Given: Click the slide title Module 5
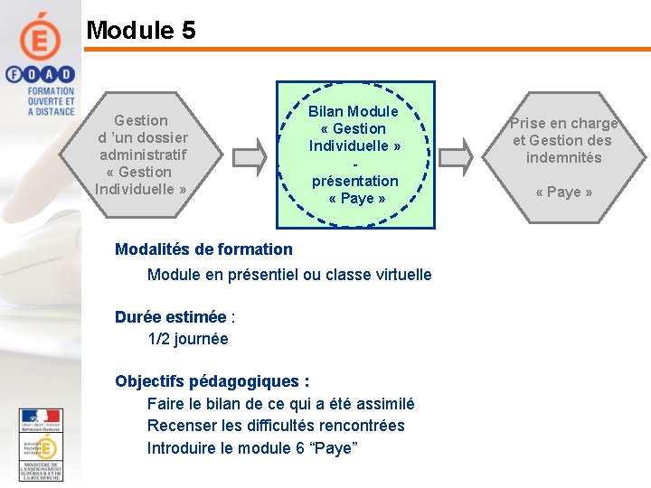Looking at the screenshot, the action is pyautogui.click(x=140, y=30).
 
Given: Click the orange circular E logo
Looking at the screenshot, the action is pyautogui.click(x=41, y=37).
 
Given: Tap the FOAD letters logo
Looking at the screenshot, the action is pyautogui.click(x=40, y=74).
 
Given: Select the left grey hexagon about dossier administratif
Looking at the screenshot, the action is pyautogui.click(x=140, y=155).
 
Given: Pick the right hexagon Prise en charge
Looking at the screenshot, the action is pyautogui.click(x=563, y=155).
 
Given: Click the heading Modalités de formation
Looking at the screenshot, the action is pyautogui.click(x=203, y=249).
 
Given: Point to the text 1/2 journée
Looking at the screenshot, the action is pyautogui.click(x=188, y=339).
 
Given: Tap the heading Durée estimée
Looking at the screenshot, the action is pyautogui.click(x=171, y=317).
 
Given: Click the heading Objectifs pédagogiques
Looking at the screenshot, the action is pyautogui.click(x=212, y=381).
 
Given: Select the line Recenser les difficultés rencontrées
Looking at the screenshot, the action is pyautogui.click(x=276, y=426).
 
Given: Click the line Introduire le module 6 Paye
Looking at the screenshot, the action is pyautogui.click(x=252, y=448).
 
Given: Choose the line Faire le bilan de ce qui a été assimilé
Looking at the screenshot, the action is pyautogui.click(x=280, y=404).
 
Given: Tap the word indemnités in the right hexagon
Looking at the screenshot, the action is pyautogui.click(x=563, y=157).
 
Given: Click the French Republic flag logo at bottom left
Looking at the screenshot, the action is pyautogui.click(x=40, y=421).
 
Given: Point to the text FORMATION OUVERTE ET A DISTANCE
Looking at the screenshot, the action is pyautogui.click(x=51, y=101).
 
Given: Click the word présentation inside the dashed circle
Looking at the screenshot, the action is pyautogui.click(x=355, y=181).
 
